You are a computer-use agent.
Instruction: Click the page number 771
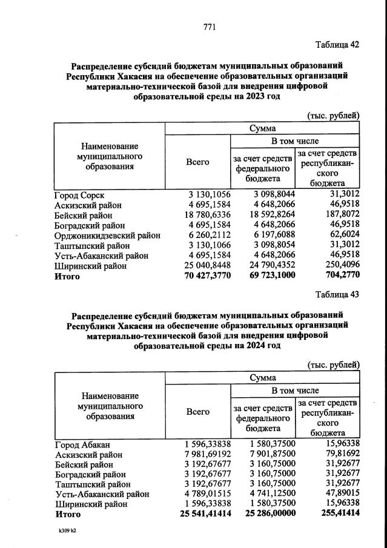point(210,27)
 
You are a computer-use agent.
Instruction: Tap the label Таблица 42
point(337,44)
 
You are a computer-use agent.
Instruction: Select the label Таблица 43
point(337,295)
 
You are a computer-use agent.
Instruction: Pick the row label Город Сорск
point(79,196)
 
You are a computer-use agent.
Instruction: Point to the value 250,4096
point(339,266)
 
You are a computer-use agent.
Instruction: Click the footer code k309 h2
point(67,530)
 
